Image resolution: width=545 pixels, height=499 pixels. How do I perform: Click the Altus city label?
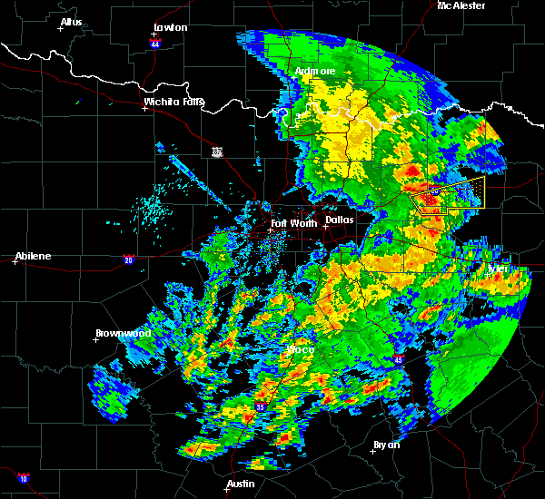point(71,22)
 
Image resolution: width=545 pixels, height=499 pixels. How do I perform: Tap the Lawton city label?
point(171,27)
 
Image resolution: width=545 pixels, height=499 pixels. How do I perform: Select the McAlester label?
point(461,5)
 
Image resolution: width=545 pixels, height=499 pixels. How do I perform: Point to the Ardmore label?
point(315,71)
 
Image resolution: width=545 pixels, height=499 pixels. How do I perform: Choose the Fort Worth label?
point(293,223)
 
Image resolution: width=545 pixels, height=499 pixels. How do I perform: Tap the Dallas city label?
point(340,220)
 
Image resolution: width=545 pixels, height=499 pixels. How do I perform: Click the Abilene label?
point(32,255)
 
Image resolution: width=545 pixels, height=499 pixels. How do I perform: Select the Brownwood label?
point(124,333)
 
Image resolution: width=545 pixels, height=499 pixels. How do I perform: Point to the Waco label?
point(300,349)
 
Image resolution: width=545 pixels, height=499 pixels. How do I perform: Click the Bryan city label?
point(386,445)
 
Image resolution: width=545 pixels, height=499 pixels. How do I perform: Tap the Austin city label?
point(241,484)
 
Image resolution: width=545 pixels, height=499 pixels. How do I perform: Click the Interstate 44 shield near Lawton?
point(155,43)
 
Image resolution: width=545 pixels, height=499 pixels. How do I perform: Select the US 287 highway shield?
point(217,151)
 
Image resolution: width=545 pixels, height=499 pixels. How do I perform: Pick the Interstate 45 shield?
point(400,360)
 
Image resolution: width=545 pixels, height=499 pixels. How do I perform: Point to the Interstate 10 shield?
point(22,478)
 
